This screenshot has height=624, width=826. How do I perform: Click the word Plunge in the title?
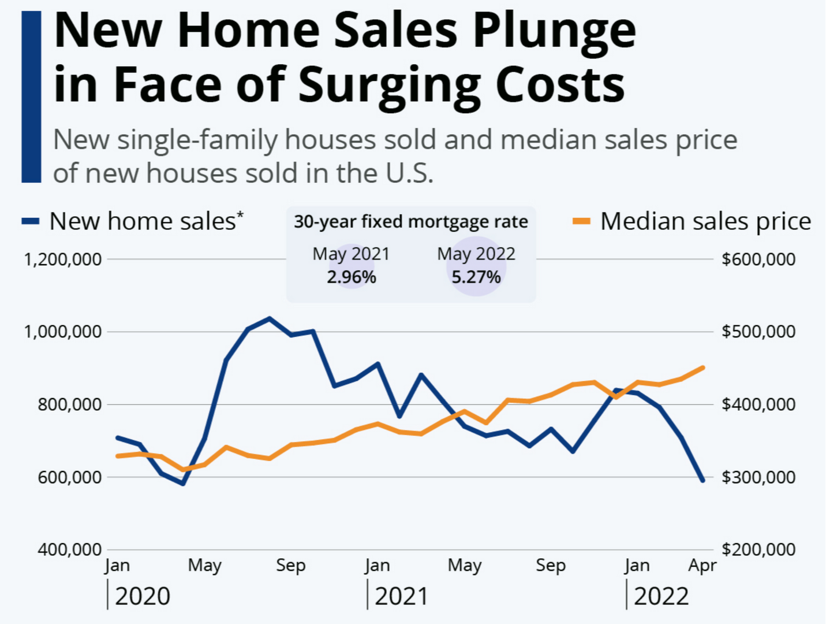(554, 32)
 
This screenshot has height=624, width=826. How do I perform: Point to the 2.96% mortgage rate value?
(351, 277)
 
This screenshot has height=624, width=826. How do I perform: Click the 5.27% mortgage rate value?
(476, 277)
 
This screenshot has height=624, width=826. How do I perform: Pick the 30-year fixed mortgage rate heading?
(410, 222)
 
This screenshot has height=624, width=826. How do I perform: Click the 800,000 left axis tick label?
(69, 404)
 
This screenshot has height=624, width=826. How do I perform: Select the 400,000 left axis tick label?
(69, 549)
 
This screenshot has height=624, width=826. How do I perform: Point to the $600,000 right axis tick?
(758, 259)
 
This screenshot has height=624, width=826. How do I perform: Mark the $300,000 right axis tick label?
(758, 477)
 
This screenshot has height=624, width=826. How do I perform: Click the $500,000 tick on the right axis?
(758, 332)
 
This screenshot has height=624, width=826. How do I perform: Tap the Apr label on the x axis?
(702, 565)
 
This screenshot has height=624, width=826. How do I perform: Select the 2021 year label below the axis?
(401, 596)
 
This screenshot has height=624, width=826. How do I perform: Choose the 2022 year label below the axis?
(661, 596)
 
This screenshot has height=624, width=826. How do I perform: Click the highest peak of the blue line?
(270, 318)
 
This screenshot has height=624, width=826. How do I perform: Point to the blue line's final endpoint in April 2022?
(702, 480)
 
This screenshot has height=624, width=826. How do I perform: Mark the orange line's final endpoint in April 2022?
(702, 367)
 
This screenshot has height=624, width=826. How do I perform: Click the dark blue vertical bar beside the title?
(31, 96)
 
